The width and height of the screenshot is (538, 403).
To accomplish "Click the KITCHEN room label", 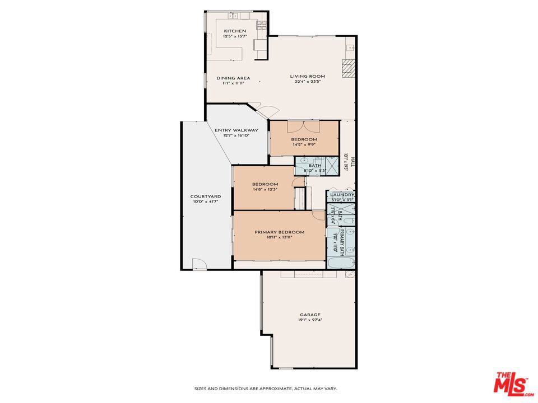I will click(x=235, y=31).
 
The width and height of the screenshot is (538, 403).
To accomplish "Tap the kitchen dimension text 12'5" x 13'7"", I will click(x=235, y=36).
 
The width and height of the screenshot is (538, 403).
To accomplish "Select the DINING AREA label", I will click(x=233, y=78).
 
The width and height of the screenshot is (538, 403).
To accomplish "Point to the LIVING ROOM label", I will click(x=307, y=76).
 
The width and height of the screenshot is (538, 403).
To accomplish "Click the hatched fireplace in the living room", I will click(x=349, y=67).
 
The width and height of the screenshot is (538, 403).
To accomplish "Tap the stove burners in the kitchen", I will click(x=261, y=24).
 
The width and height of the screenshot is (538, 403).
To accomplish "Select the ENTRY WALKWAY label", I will click(x=236, y=130).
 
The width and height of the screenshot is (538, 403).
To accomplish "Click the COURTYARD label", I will click(x=205, y=196).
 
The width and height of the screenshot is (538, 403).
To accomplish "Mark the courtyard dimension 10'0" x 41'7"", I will click(x=205, y=201).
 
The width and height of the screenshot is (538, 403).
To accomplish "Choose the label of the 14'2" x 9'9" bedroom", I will click(x=304, y=139).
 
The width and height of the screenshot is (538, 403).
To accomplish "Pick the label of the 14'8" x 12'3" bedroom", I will click(x=265, y=184).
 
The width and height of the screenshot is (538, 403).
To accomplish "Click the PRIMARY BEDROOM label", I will click(x=279, y=232).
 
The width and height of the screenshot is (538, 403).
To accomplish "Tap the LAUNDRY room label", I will click(x=341, y=195).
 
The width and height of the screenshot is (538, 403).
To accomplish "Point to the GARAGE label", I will click(x=309, y=316).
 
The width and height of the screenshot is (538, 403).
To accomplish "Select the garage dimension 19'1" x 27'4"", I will click(x=309, y=321).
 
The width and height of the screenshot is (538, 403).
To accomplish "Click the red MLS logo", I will click(x=511, y=383).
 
